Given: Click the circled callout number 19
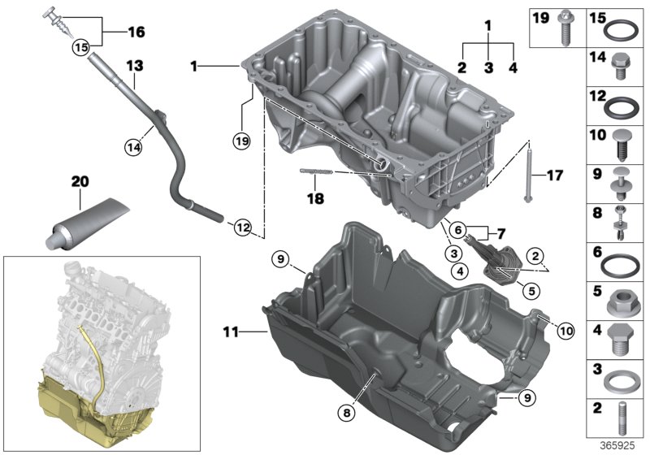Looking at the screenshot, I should tap(240, 141).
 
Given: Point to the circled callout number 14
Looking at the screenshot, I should tap(133, 147).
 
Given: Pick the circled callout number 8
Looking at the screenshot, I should tap(348, 413).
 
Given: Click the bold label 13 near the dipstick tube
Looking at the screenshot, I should tap(134, 64).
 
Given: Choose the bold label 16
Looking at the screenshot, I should tap(134, 32).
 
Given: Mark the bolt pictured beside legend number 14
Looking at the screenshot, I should tap(622, 67).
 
